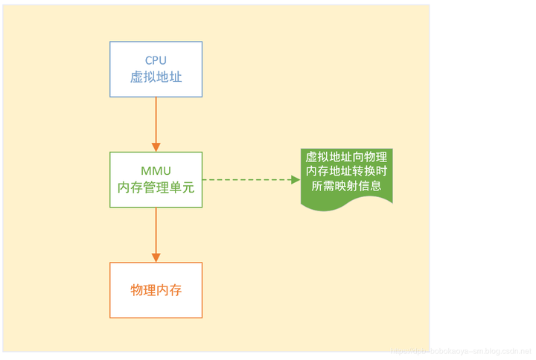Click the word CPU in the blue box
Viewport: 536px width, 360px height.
click(156, 60)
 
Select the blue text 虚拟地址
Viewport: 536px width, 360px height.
click(156, 77)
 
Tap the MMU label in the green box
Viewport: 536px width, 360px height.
click(156, 170)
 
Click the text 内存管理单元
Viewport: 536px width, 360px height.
click(156, 187)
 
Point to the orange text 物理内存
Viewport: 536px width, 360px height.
click(156, 290)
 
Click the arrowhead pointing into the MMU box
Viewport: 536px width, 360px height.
click(156, 146)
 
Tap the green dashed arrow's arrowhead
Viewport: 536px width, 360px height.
click(293, 180)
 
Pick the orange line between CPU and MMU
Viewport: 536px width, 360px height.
click(156, 119)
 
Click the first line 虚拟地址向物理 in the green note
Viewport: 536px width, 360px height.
click(346, 158)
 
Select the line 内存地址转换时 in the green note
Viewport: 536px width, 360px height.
click(346, 172)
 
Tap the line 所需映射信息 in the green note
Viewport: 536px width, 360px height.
click(346, 186)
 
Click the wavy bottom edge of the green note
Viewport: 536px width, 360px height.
click(346, 205)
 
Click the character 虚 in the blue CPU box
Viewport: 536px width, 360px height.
click(137, 77)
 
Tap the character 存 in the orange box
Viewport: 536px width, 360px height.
click(176, 290)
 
